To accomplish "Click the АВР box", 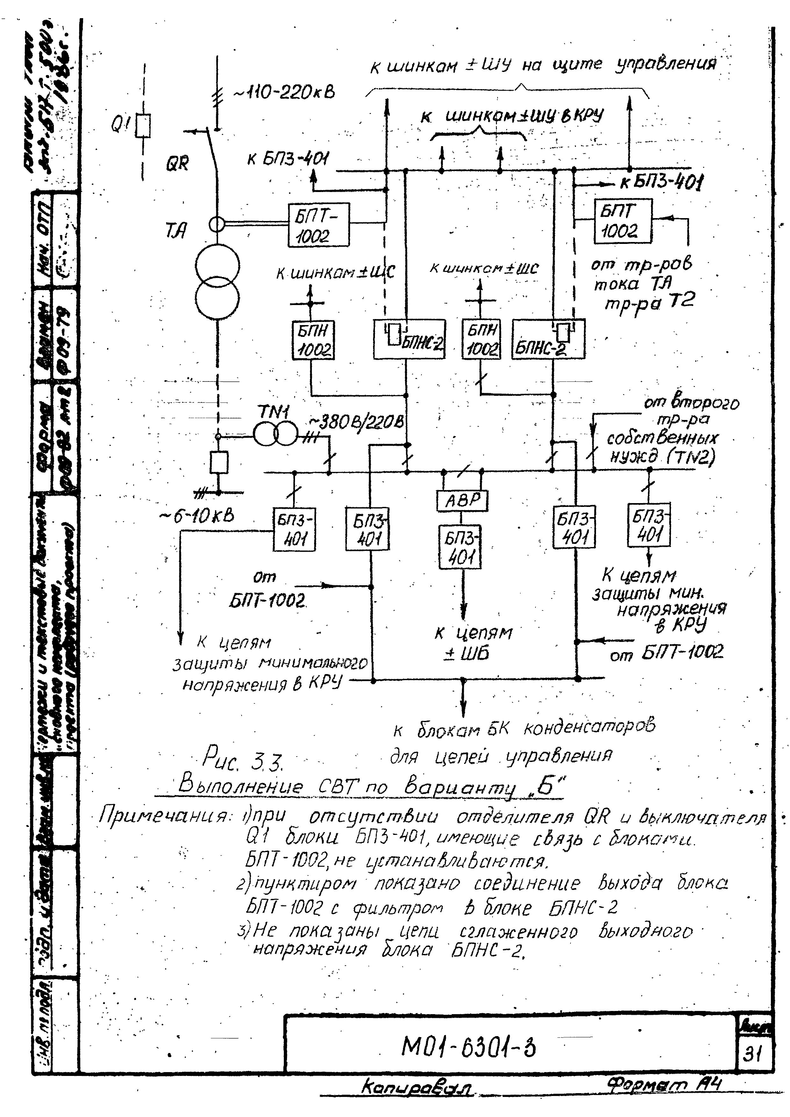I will point(462,500).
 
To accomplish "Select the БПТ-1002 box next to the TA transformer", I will point(318,224).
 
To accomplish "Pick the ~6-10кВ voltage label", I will point(197,516).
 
